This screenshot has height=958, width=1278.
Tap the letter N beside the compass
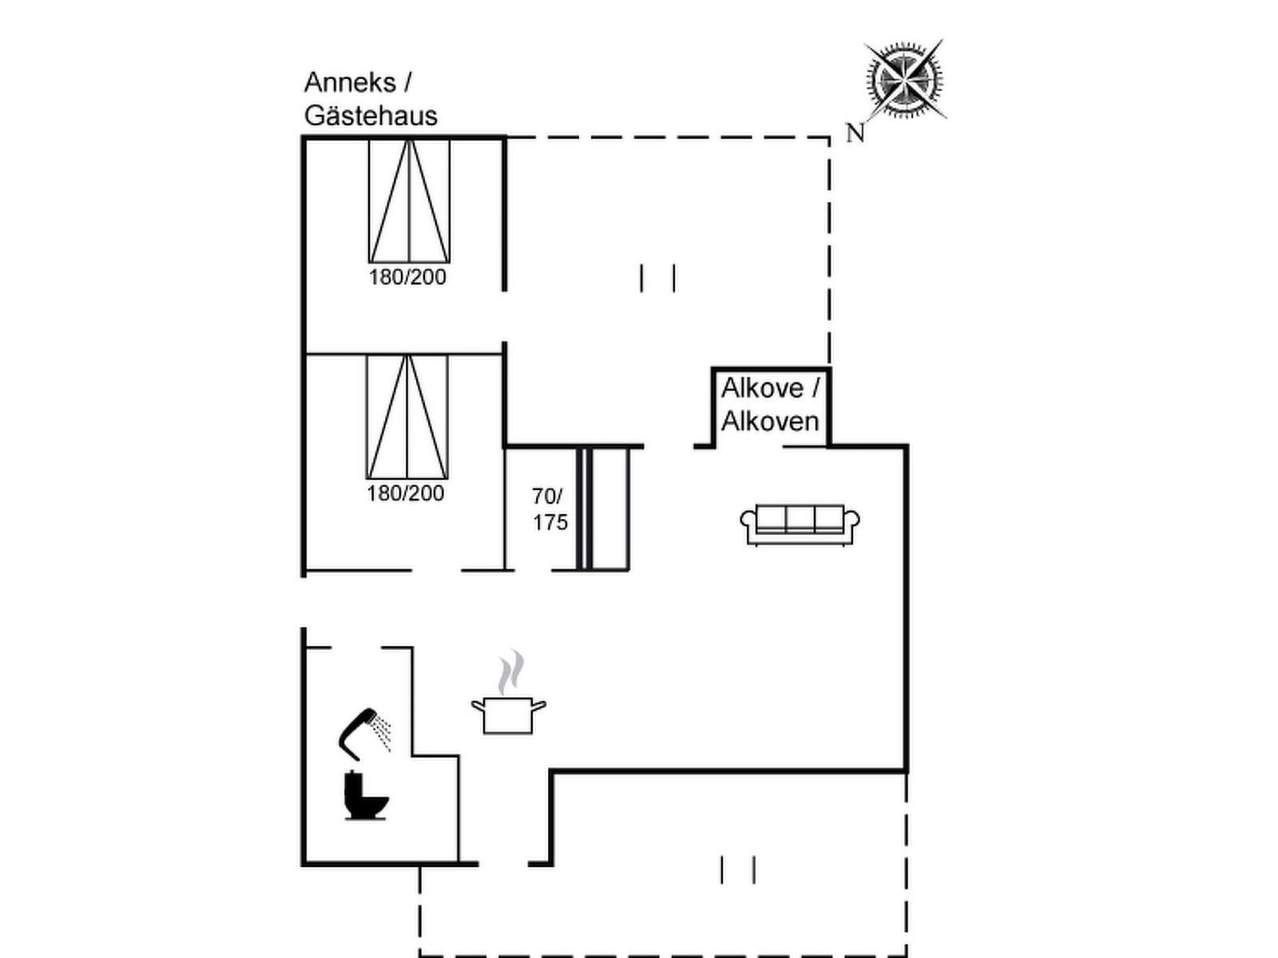coord(855,133)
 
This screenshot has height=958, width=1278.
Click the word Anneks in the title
coord(350,82)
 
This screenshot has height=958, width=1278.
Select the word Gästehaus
coord(371,116)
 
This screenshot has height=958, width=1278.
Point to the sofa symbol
coord(800,525)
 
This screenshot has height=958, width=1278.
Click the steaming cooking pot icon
coord(508,714)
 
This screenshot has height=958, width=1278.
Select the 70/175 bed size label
coord(550,509)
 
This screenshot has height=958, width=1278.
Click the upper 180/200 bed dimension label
coord(407,278)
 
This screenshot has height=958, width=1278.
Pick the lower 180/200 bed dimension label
coord(405,493)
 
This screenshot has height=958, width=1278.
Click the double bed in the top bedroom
coord(409,200)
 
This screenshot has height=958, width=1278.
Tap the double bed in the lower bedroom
coord(407,415)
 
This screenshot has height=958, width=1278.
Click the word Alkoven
coord(770,422)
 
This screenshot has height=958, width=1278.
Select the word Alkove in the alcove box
coord(762,389)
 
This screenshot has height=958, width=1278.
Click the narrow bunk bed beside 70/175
coord(604,509)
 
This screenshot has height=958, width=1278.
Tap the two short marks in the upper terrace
coord(657,279)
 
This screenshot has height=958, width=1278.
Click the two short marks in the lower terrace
coord(737,869)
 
